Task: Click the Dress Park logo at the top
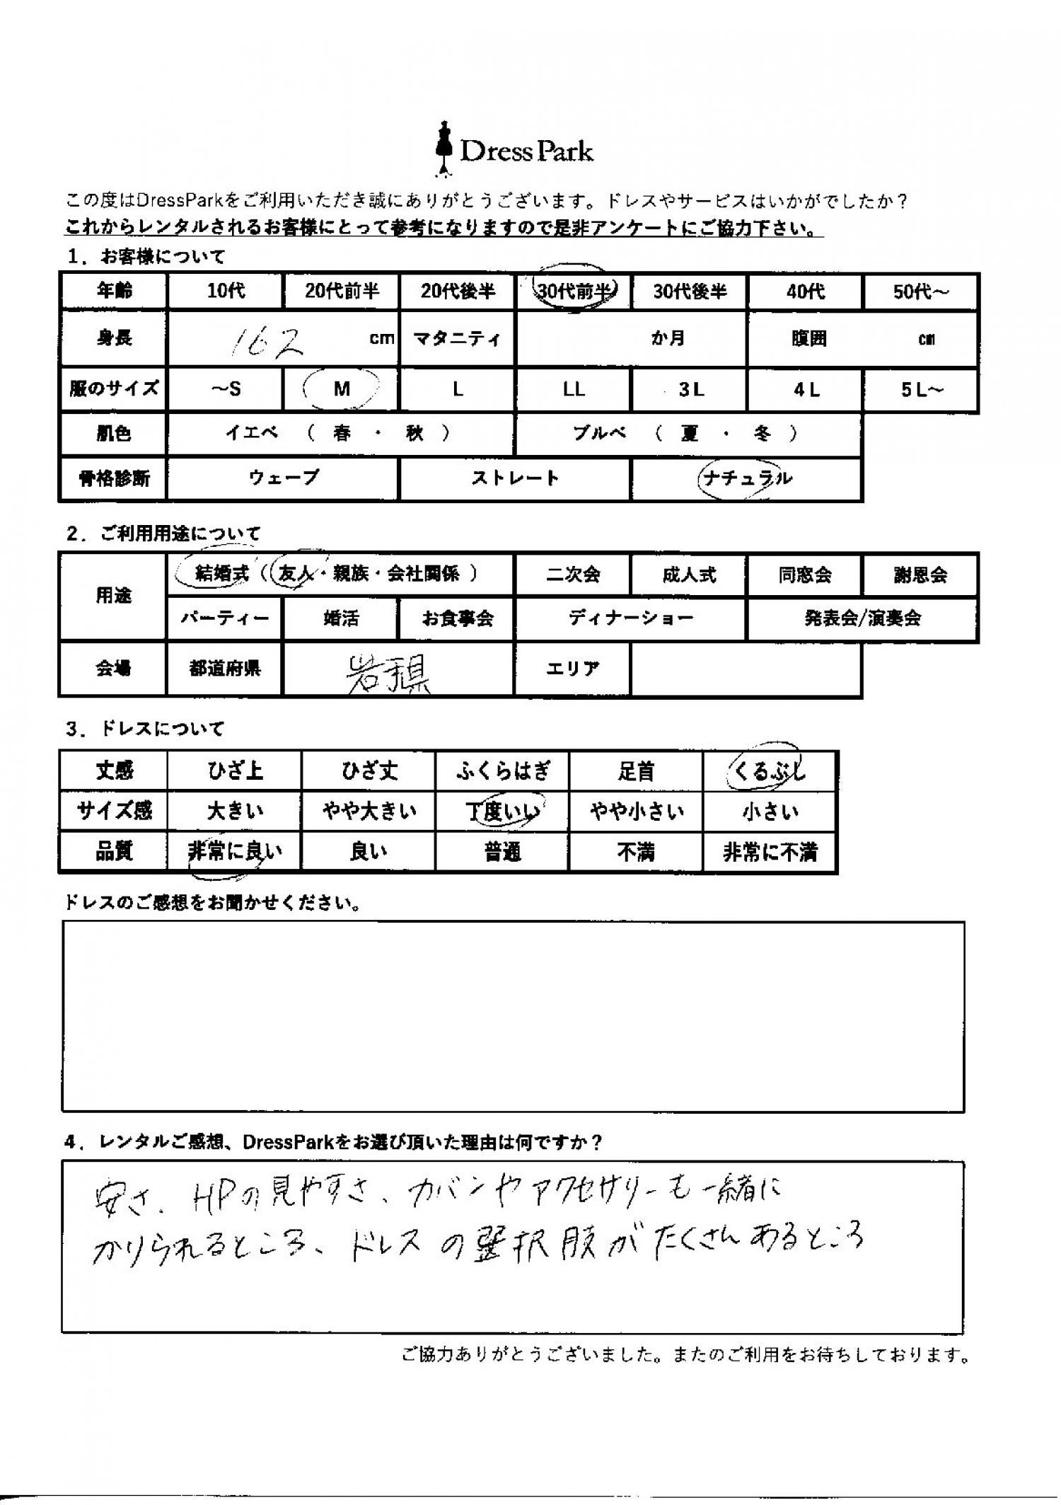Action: [x=514, y=150]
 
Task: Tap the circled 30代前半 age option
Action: [x=574, y=291]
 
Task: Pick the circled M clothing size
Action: [x=342, y=389]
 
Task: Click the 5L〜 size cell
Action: [x=921, y=390]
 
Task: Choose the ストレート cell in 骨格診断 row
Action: [x=515, y=478]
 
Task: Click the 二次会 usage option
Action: [x=573, y=575]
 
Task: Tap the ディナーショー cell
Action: [x=630, y=618]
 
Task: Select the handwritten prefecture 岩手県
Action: [x=388, y=673]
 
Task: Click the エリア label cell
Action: [x=572, y=668]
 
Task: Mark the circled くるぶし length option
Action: [x=769, y=771]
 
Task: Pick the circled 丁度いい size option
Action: [x=503, y=811]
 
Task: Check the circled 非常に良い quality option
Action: [x=234, y=853]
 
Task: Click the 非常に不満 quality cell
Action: [x=770, y=853]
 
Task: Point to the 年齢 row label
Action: [x=114, y=291]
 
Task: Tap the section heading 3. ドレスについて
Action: [x=144, y=728]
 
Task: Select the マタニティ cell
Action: [x=457, y=339]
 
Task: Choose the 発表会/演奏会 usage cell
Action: [x=862, y=618]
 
